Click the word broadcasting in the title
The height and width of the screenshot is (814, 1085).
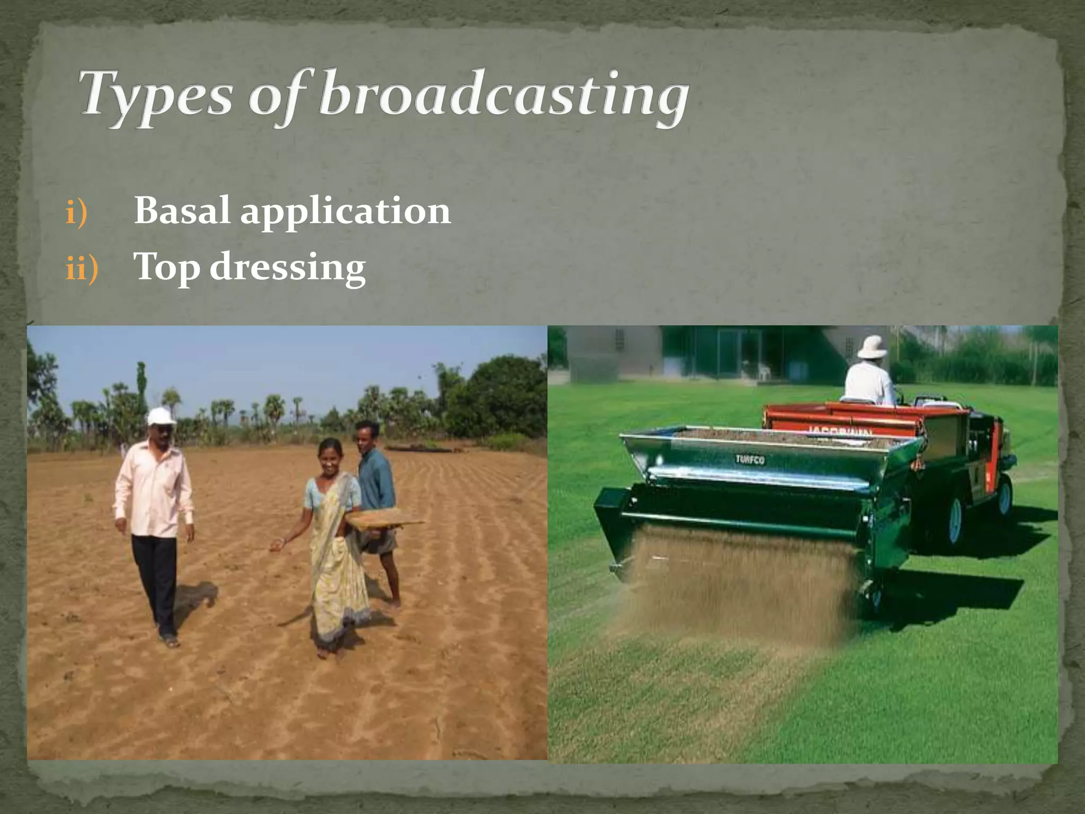[x=503, y=95]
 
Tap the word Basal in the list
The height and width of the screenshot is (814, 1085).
[x=182, y=211]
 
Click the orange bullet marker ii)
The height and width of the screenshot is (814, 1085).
[x=82, y=268]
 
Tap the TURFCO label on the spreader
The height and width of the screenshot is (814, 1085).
[x=750, y=459]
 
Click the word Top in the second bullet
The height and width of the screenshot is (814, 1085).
[x=167, y=267]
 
